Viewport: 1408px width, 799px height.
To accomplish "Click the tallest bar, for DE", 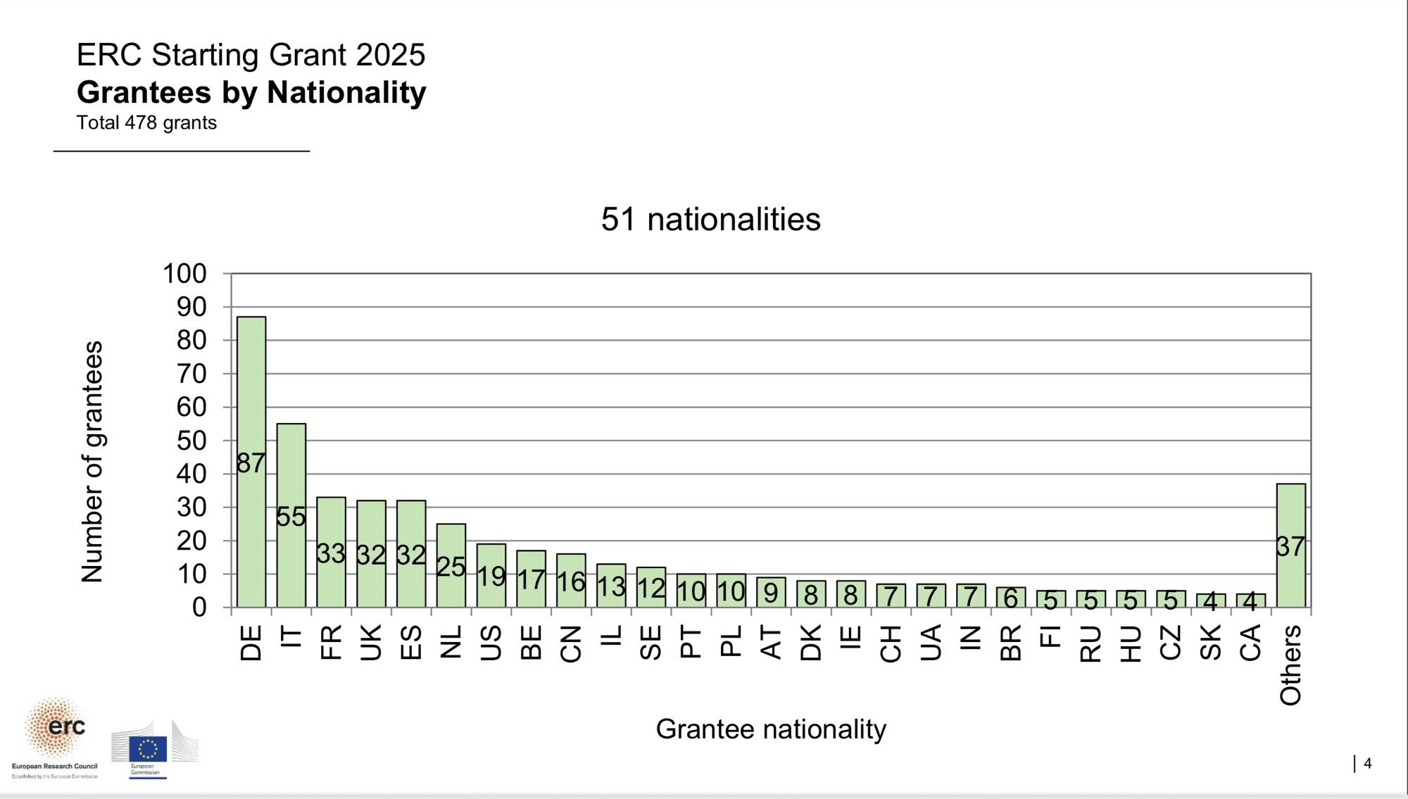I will click(251, 394).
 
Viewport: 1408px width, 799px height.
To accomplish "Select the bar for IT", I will click(291, 465).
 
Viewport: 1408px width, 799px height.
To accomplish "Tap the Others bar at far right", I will click(1290, 514).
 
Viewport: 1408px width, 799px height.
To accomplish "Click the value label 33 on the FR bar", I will click(331, 554).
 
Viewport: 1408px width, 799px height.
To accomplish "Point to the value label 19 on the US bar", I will click(491, 577).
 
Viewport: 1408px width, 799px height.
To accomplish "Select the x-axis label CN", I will click(571, 643).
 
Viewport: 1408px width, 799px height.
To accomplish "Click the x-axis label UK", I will click(371, 642).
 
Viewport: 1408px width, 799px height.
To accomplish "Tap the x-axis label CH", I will click(891, 643).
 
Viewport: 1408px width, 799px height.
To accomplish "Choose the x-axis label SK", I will click(1210, 642).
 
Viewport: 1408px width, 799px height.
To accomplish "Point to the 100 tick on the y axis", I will click(184, 274).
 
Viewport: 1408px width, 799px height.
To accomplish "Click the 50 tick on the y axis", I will click(191, 441).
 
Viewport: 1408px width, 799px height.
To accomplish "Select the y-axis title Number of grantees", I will click(92, 462).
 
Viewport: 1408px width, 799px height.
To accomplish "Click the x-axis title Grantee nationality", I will click(771, 729).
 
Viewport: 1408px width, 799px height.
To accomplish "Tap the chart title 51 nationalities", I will click(710, 220).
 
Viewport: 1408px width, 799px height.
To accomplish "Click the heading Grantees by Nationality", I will click(251, 92).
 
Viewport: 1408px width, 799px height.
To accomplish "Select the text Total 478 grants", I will click(146, 123).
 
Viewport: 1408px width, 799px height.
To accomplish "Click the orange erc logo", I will click(56, 729).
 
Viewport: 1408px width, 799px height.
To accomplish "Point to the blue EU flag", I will click(148, 749).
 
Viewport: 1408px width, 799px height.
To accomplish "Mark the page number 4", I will click(1367, 764).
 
